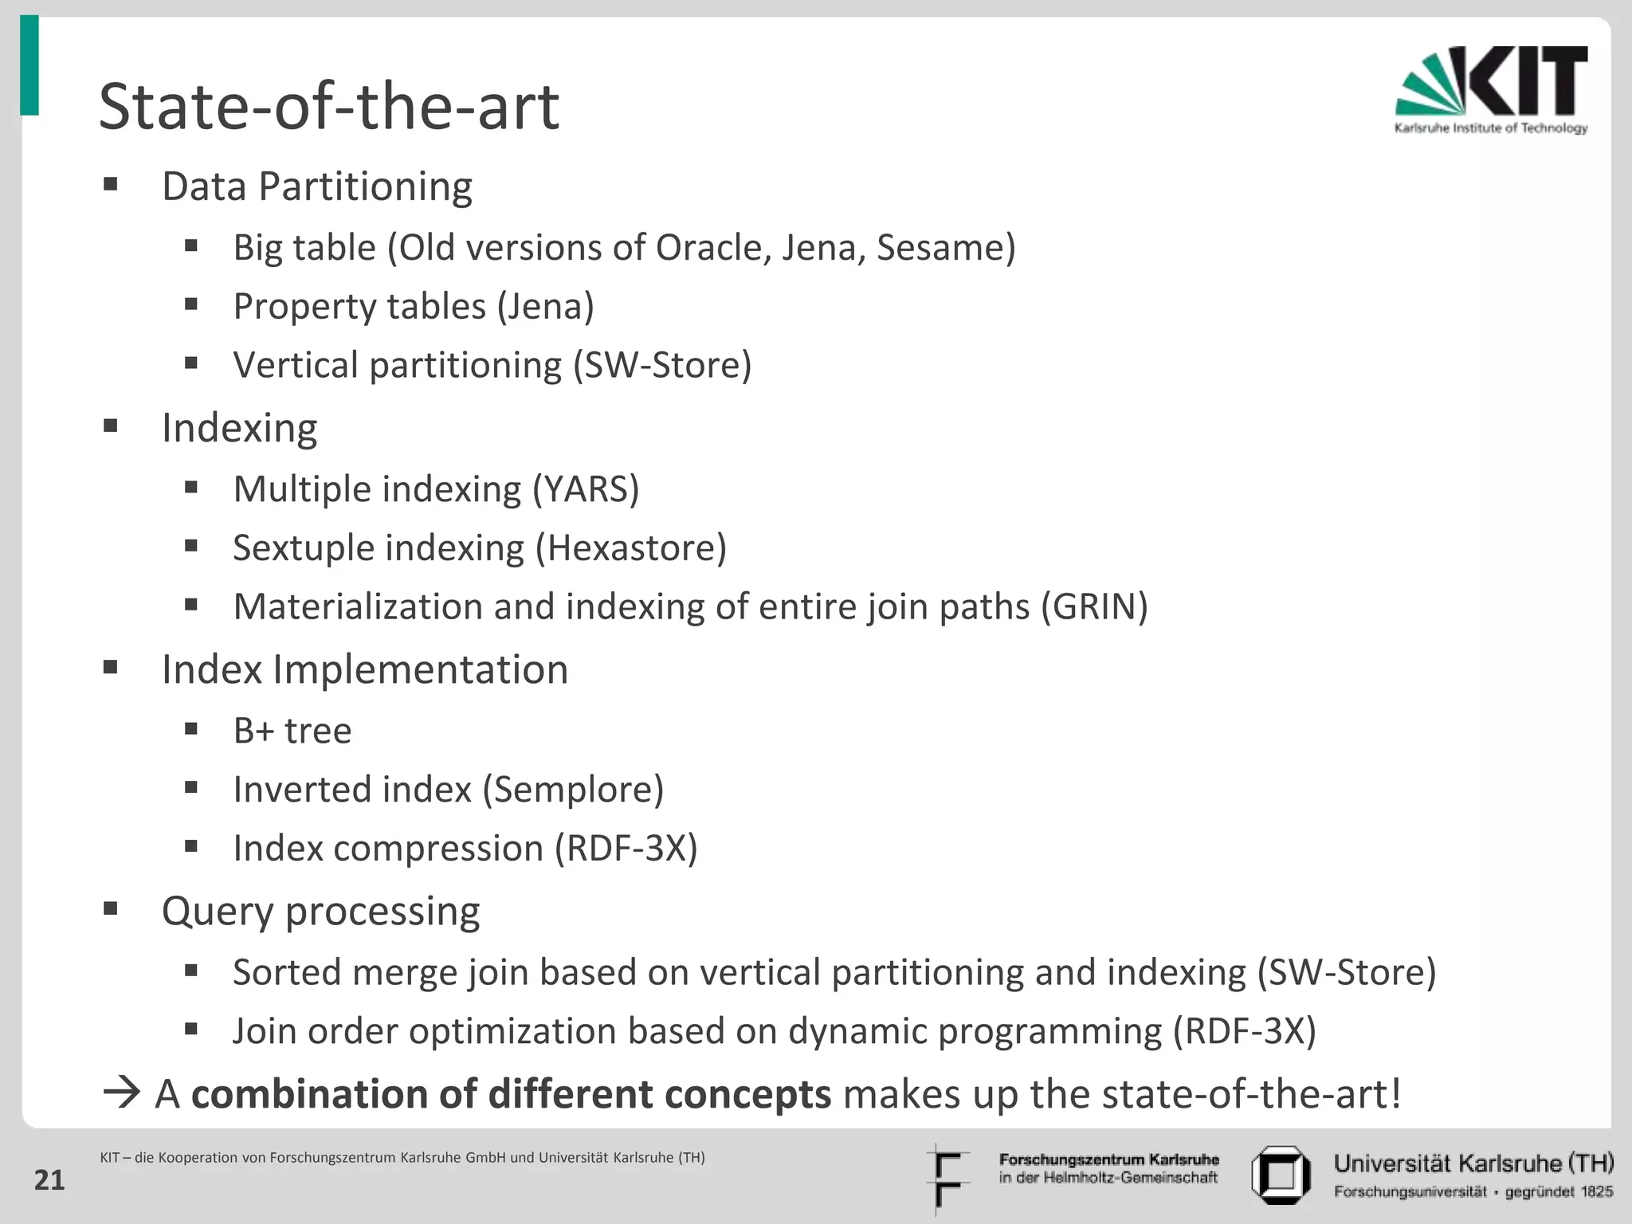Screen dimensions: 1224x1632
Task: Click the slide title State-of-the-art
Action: (x=328, y=107)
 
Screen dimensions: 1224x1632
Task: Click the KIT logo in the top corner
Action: (x=1490, y=89)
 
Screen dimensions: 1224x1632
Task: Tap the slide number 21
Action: (x=49, y=1180)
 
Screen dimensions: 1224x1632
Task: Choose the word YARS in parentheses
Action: (x=586, y=489)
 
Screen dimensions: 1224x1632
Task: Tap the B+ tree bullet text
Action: (x=292, y=731)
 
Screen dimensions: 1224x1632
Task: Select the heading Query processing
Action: (x=320, y=911)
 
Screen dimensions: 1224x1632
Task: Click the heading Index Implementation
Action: (x=364, y=669)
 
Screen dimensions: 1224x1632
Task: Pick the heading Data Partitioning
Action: (x=316, y=186)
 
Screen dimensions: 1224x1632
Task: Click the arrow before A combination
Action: (x=121, y=1093)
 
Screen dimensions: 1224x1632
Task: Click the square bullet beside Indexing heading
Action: (x=111, y=426)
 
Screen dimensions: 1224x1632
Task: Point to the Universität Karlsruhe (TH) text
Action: (x=1473, y=1163)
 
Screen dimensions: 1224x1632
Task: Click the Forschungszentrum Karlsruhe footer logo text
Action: (x=1108, y=1167)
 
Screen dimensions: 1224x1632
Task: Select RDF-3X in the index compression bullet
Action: (x=626, y=849)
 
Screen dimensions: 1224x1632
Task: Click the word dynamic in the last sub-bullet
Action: (x=857, y=1031)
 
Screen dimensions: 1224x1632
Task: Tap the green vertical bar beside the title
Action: (x=29, y=65)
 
